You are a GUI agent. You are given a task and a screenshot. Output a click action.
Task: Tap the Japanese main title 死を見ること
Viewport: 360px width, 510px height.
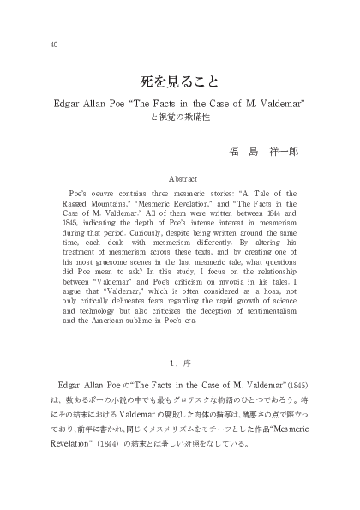pyautogui.click(x=179, y=83)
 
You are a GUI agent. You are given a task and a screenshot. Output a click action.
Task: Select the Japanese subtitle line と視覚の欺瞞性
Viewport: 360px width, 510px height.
pyautogui.click(x=180, y=118)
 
